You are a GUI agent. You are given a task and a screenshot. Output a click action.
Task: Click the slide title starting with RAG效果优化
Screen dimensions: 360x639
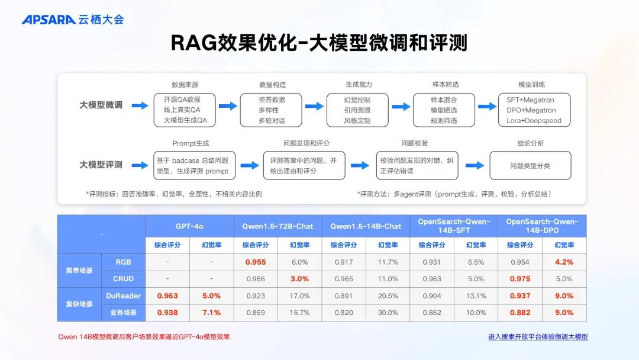click(319, 43)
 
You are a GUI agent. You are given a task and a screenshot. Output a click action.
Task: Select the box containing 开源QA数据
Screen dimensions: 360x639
click(185, 110)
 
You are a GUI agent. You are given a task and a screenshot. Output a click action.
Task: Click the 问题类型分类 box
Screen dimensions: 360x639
click(530, 166)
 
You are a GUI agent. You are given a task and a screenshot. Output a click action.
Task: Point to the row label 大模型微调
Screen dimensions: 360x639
click(101, 105)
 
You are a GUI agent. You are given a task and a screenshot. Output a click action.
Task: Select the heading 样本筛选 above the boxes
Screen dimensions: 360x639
click(444, 85)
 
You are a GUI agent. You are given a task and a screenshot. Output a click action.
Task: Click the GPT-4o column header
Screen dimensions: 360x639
click(189, 226)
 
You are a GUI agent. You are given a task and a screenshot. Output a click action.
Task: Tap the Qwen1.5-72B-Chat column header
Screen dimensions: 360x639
click(277, 226)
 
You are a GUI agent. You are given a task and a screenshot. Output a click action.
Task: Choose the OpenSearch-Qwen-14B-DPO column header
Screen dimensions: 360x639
click(542, 226)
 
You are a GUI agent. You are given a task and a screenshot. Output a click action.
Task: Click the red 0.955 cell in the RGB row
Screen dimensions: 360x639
click(256, 262)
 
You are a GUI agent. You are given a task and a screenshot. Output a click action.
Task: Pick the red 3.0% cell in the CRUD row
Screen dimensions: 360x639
click(299, 279)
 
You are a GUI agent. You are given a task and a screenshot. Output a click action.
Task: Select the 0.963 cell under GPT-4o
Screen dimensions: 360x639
click(167, 296)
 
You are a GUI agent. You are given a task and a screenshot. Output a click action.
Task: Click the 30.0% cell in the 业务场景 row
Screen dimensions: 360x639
click(388, 313)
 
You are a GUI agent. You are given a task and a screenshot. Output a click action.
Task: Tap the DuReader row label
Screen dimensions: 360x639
click(123, 296)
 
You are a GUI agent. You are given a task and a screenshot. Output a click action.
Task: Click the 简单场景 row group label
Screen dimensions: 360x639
click(79, 271)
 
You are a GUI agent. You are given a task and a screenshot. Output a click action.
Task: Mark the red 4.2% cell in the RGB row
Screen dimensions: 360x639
click(564, 262)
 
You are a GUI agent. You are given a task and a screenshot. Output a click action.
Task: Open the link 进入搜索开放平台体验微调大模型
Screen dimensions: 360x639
click(538, 337)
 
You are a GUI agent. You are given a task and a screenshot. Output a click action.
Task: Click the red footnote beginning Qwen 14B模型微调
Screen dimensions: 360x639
click(144, 337)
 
